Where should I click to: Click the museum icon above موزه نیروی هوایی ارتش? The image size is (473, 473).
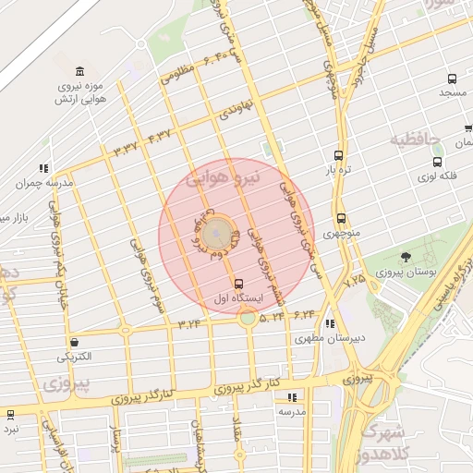coord(79,72)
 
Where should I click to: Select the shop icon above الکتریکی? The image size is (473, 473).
coord(74,342)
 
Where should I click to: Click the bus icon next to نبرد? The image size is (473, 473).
coord(10,415)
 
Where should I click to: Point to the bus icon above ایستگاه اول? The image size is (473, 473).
coord(240,284)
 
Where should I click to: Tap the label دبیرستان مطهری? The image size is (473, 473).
coord(330,338)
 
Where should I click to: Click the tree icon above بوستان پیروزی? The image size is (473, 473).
coord(406,256)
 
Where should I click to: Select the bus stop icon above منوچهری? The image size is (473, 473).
coord(342,219)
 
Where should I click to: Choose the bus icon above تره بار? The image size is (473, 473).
coord(338,155)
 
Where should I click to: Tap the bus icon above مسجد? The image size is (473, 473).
coord(452,79)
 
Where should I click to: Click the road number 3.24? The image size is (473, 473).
coord(189,323)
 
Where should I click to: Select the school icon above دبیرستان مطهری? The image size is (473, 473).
coord(330,323)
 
